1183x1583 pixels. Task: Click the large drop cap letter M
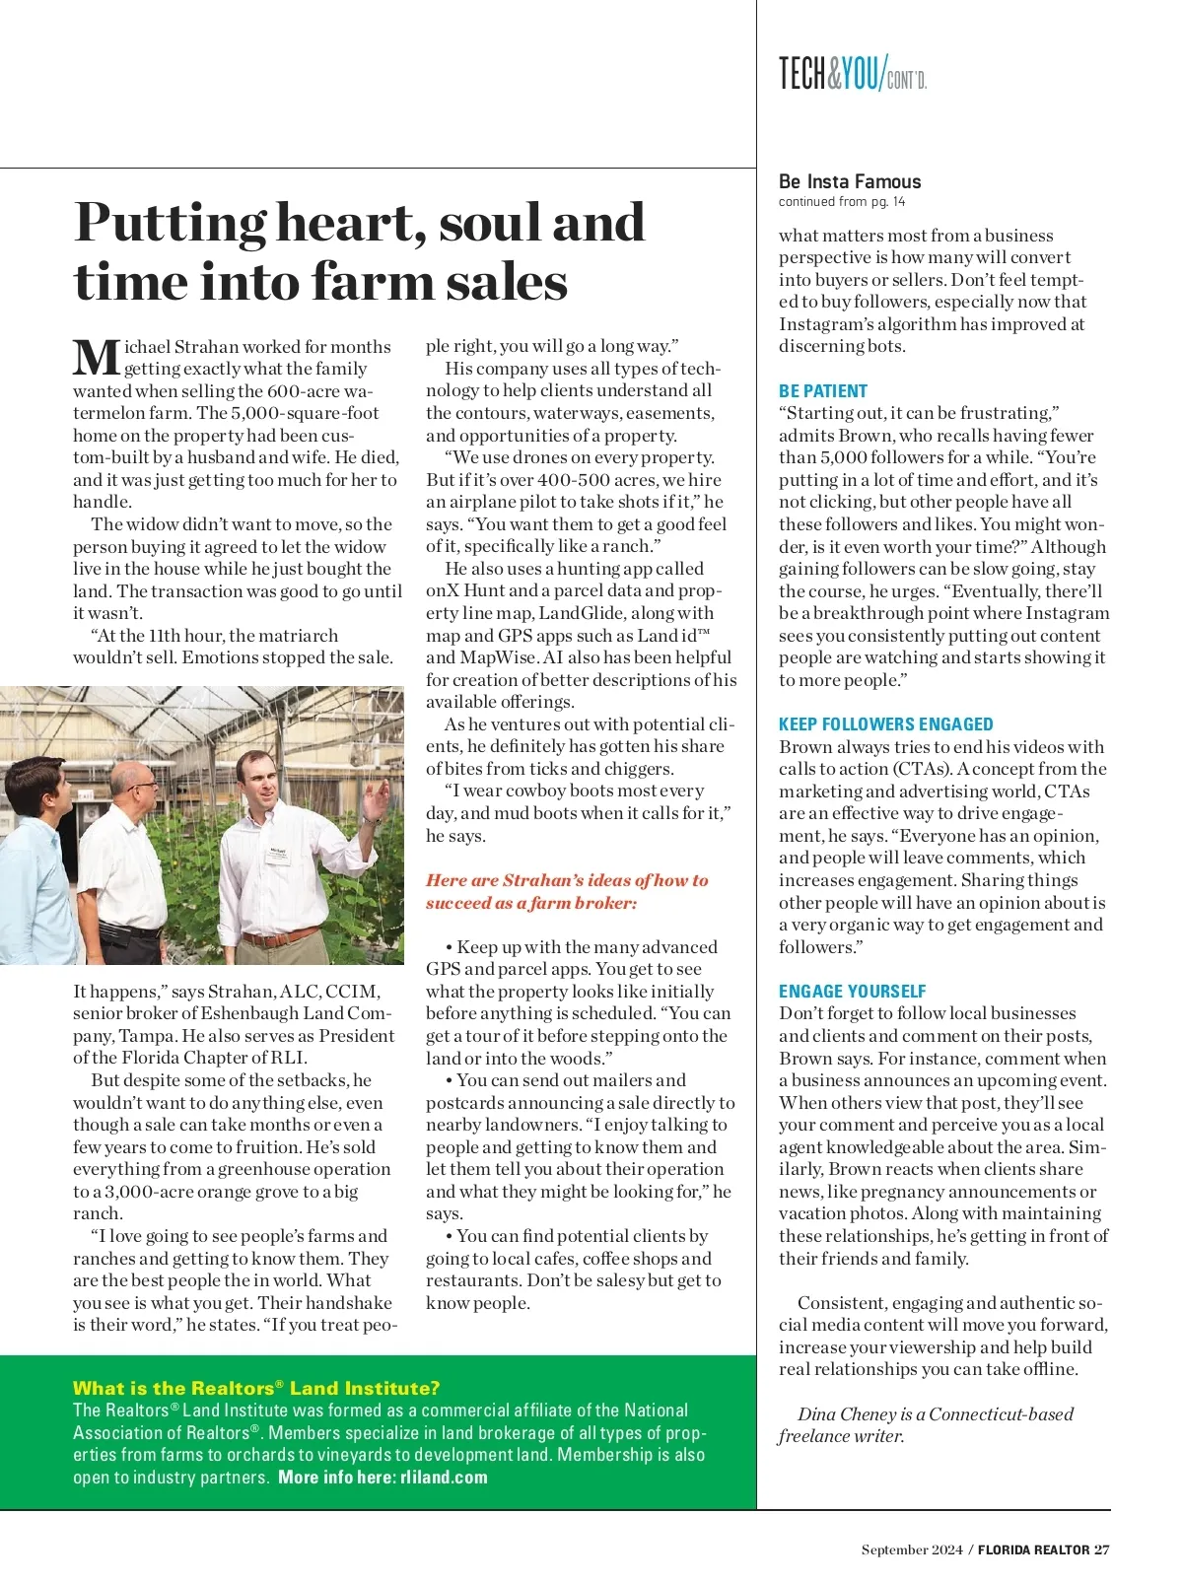[x=97, y=357]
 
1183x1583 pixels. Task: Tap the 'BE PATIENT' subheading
[x=823, y=391]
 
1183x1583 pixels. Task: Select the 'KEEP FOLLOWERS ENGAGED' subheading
[x=885, y=724]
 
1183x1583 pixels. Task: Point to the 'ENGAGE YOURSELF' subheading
[x=852, y=992]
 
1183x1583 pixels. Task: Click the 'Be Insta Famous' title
[x=849, y=181]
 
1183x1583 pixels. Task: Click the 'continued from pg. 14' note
[x=841, y=202]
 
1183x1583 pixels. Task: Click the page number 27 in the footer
[x=1101, y=1549]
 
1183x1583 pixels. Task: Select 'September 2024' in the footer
[x=912, y=1549]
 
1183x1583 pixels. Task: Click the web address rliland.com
[x=444, y=1477]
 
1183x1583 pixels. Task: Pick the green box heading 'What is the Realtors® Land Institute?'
[x=256, y=1388]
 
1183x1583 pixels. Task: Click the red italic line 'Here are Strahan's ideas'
[x=567, y=880]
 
